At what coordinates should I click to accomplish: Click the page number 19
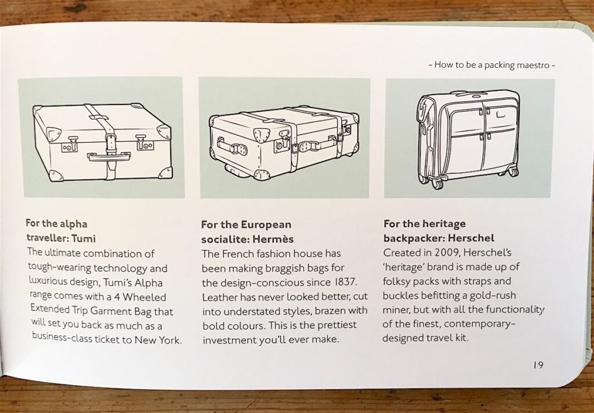pos(538,365)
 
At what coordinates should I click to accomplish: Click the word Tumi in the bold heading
pos(84,239)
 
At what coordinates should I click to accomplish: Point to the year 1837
pos(345,282)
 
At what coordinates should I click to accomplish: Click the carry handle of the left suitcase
pos(109,155)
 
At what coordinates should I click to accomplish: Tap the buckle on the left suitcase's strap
pos(111,142)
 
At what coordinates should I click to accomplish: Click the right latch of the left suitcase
pos(144,143)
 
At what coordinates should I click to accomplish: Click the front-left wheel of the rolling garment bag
pos(437,184)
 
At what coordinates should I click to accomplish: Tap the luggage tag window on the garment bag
pos(501,113)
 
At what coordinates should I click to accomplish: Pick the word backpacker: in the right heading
pos(414,238)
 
